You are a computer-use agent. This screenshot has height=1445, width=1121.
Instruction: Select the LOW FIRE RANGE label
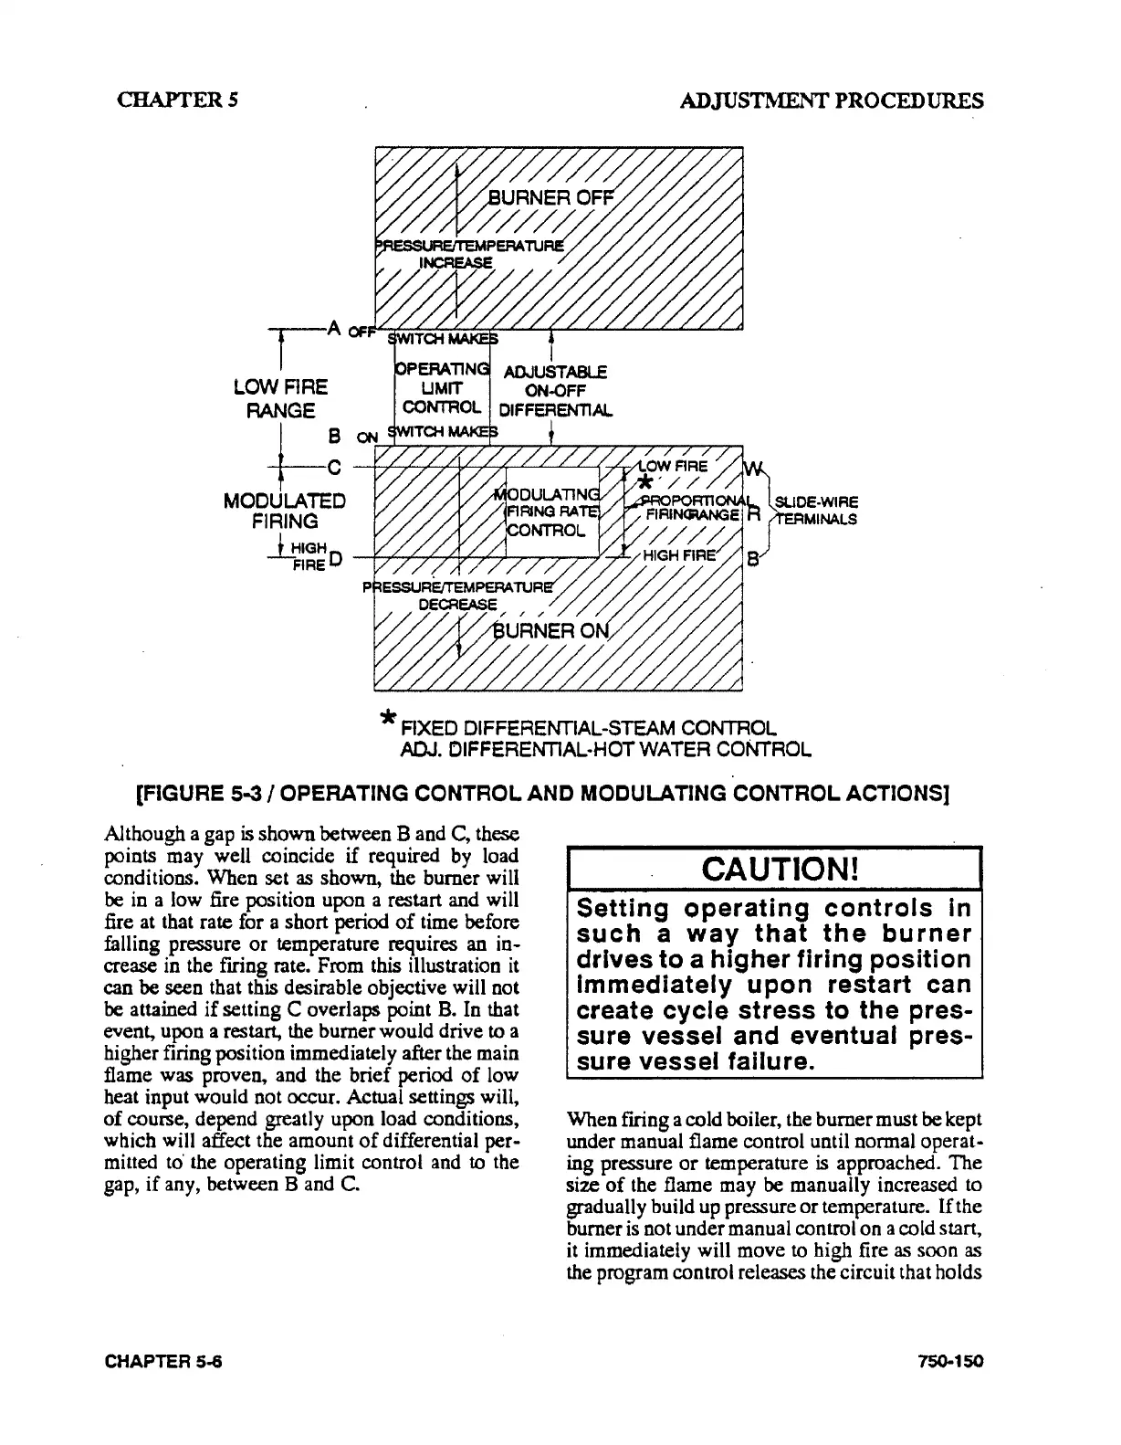pyautogui.click(x=280, y=398)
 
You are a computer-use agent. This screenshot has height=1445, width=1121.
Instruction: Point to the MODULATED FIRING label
pyautogui.click(x=285, y=511)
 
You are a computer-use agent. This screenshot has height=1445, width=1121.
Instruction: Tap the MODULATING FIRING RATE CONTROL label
pyautogui.click(x=550, y=512)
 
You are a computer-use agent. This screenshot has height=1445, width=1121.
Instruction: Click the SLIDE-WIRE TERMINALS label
pyautogui.click(x=814, y=511)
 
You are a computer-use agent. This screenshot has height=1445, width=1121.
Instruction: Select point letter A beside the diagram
pyautogui.click(x=333, y=328)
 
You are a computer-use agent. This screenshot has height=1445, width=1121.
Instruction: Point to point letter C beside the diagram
pyautogui.click(x=334, y=469)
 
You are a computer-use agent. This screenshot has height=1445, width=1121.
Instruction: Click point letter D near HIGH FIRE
pyautogui.click(x=335, y=558)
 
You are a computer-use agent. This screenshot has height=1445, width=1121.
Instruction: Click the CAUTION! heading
pyautogui.click(x=774, y=868)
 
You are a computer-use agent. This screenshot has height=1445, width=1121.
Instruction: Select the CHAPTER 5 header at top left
pyautogui.click(x=178, y=100)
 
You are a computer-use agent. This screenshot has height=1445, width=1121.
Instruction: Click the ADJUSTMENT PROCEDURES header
pyautogui.click(x=832, y=100)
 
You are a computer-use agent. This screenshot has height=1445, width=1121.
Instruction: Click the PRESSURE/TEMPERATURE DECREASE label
pyautogui.click(x=459, y=595)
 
